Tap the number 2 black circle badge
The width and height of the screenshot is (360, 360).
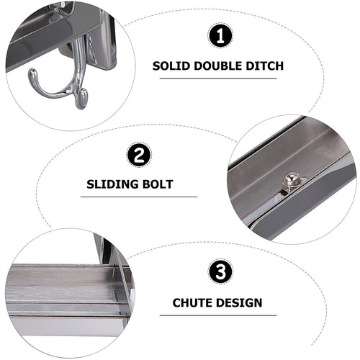(x=138, y=155)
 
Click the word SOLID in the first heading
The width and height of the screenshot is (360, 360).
(x=170, y=66)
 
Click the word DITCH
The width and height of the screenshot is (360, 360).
(x=264, y=66)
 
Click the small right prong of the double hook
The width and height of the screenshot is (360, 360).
(x=81, y=96)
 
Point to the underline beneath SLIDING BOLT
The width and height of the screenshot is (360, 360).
(x=138, y=196)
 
